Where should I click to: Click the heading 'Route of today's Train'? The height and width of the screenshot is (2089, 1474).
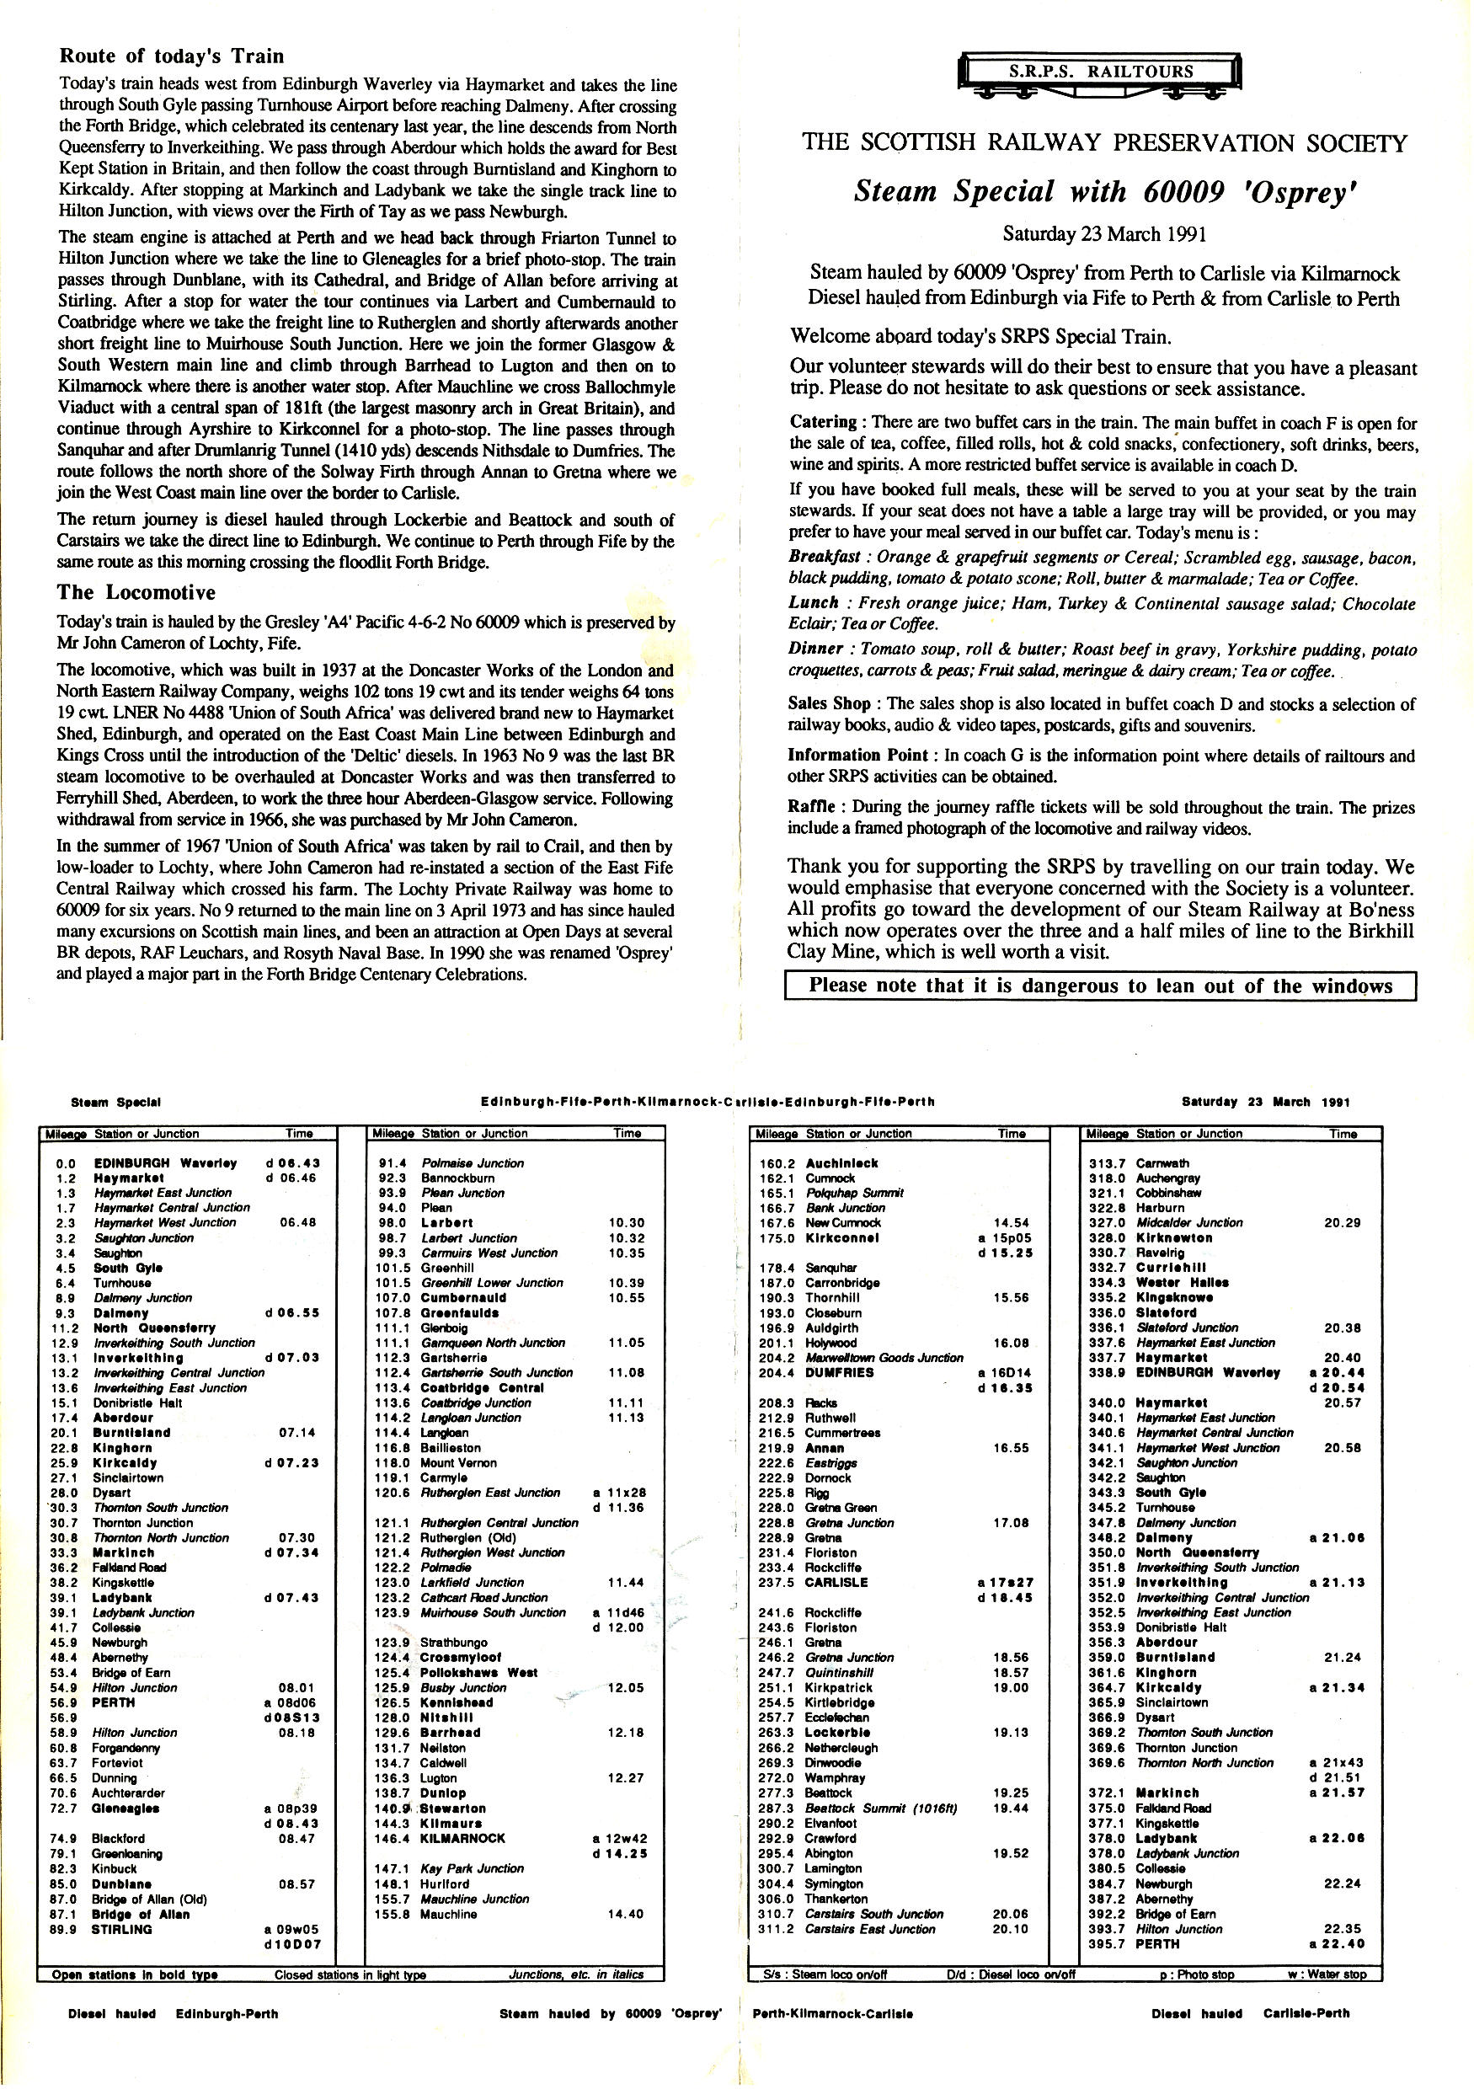[x=171, y=56]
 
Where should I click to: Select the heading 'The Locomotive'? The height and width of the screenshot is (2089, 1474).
[x=136, y=593]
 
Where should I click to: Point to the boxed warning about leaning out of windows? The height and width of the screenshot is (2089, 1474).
[x=1100, y=986]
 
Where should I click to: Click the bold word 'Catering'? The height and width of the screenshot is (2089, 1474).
[x=823, y=422]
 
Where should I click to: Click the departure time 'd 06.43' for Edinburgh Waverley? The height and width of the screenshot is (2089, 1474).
[x=292, y=1162]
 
